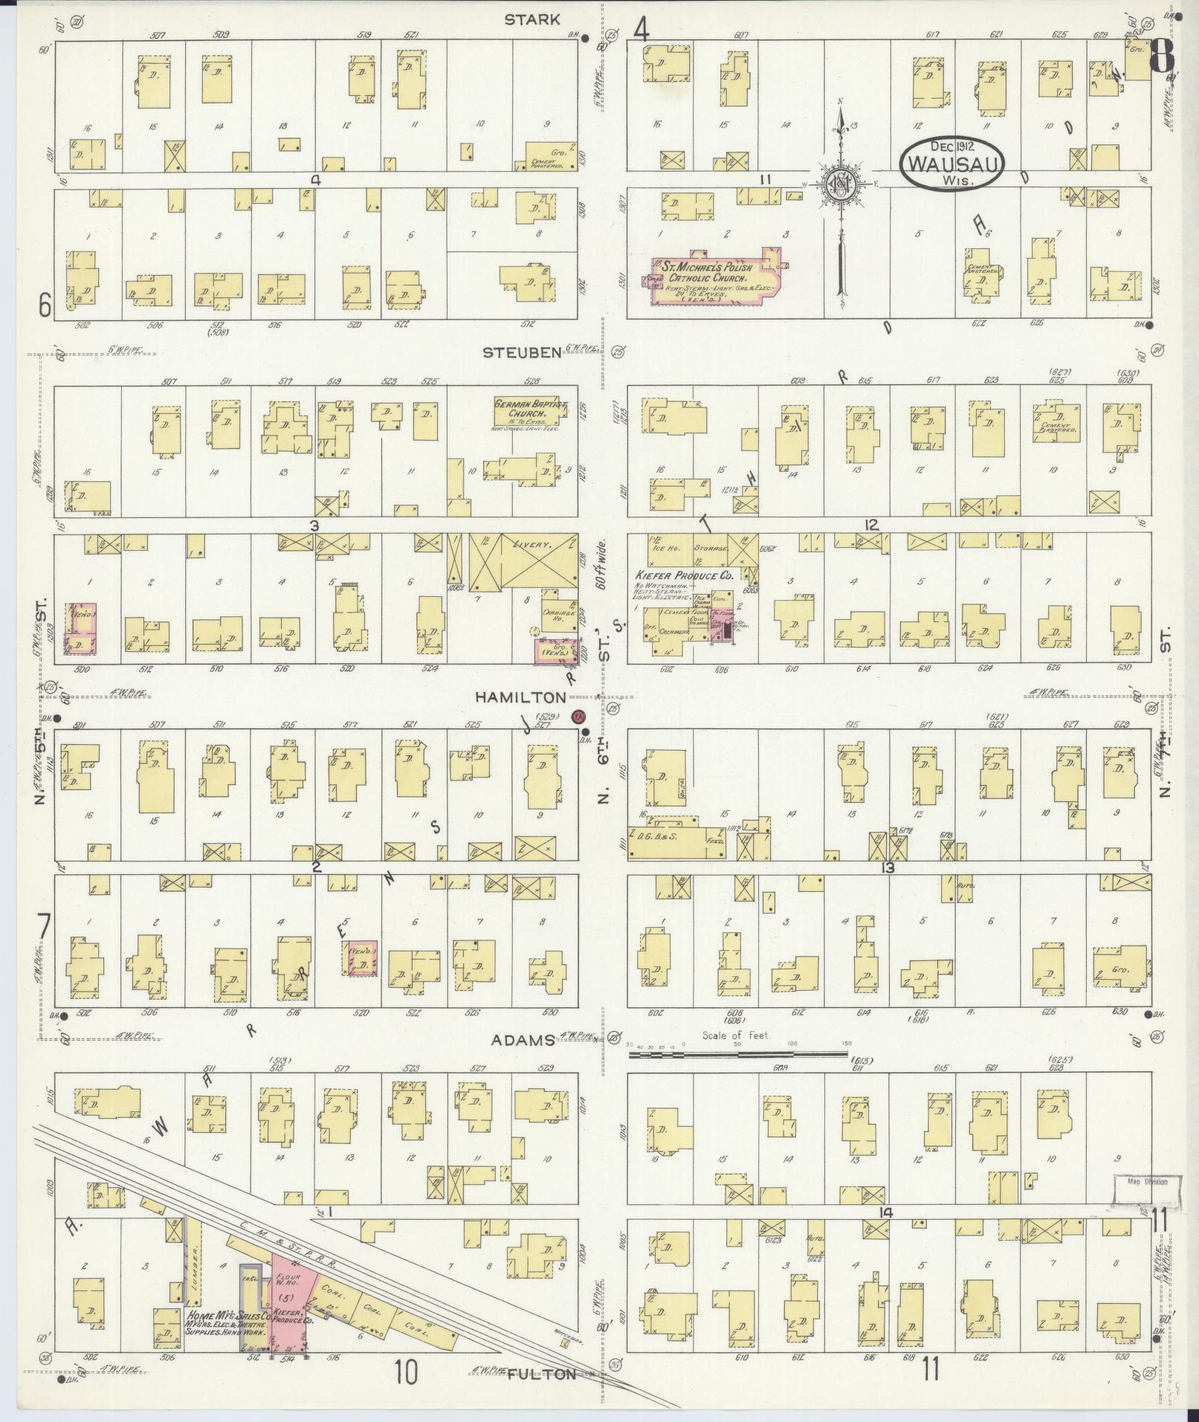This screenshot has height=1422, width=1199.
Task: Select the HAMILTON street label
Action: [520, 697]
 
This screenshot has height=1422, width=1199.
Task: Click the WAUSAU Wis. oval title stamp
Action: [952, 161]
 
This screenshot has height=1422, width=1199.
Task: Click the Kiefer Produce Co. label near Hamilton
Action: [683, 575]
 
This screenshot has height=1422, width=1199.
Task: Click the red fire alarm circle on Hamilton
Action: [578, 717]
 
